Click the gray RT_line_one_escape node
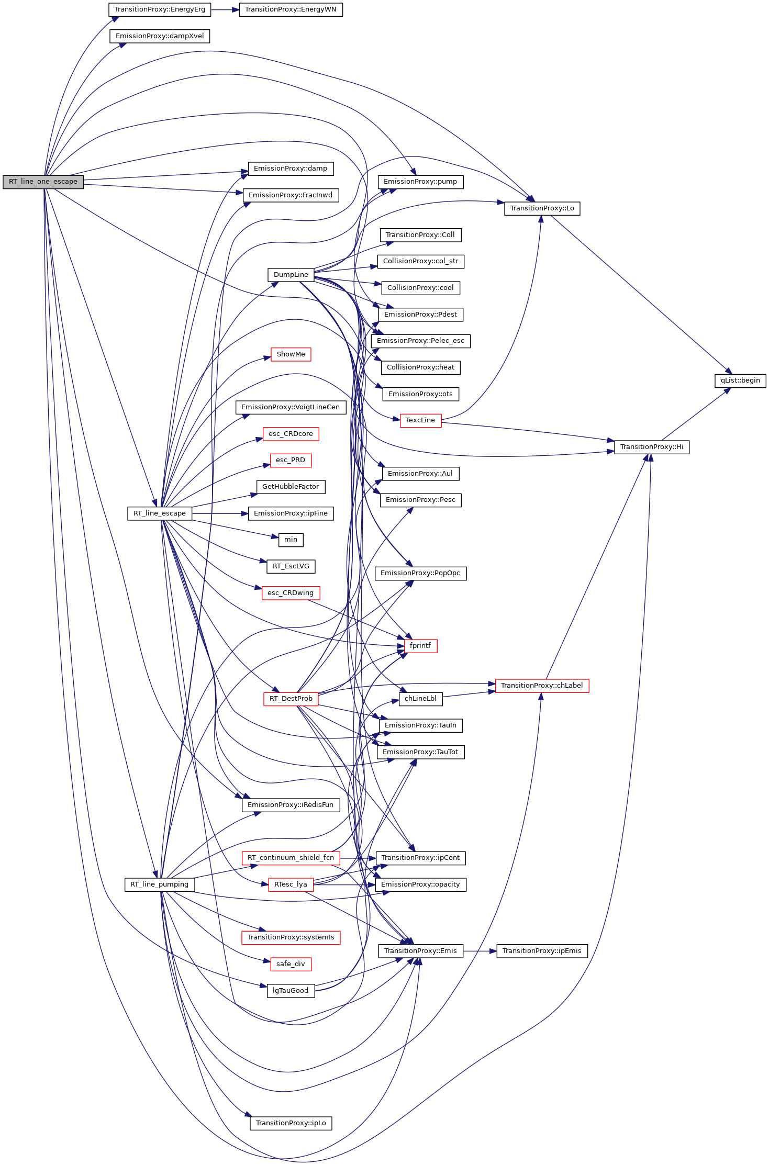tap(43, 182)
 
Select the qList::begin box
tap(740, 380)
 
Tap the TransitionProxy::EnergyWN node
tap(291, 9)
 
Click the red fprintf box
tap(420, 646)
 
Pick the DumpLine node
tap(291, 275)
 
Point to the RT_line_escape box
tap(160, 513)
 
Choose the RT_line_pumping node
tap(160, 884)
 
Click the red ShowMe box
tap(291, 354)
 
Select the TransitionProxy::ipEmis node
tap(542, 951)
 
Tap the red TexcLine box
tap(420, 420)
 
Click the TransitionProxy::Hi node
tap(651, 447)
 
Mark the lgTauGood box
tap(291, 991)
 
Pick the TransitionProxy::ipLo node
tap(291, 1123)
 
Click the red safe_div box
tap(291, 964)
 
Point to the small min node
tap(291, 540)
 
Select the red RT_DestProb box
tap(291, 699)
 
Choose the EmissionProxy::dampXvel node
tap(160, 36)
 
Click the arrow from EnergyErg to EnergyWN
tap(225, 9)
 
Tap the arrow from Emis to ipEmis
tap(480, 951)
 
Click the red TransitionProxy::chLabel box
tap(542, 686)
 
